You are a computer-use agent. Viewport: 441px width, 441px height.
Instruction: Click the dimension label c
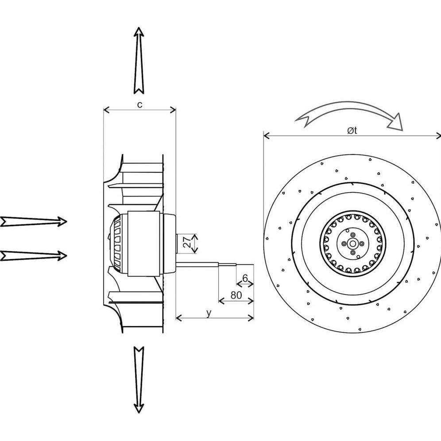[139, 104]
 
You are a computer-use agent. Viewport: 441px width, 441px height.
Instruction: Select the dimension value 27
[187, 242]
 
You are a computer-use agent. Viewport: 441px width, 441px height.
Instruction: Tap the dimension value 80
[236, 295]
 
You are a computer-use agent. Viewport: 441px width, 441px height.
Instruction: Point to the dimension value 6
[245, 278]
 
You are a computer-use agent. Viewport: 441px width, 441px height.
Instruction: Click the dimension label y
[209, 313]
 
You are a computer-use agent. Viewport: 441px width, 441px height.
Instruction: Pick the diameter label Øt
[352, 131]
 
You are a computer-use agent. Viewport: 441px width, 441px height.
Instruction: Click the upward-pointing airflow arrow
[139, 61]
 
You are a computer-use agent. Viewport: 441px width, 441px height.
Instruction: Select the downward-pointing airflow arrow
[139, 380]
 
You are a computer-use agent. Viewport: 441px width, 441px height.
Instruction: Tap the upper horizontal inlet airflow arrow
[34, 221]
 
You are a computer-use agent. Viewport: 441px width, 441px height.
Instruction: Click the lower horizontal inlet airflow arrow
[34, 255]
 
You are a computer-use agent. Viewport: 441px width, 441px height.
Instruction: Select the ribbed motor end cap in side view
[118, 244]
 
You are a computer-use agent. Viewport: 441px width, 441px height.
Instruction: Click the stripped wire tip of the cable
[245, 264]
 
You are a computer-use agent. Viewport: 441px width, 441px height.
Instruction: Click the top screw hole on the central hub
[352, 235]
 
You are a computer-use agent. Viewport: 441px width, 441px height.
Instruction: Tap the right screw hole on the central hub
[362, 244]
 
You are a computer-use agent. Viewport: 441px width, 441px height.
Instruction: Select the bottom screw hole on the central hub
[352, 253]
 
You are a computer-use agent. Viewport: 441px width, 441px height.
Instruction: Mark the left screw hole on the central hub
[343, 244]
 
